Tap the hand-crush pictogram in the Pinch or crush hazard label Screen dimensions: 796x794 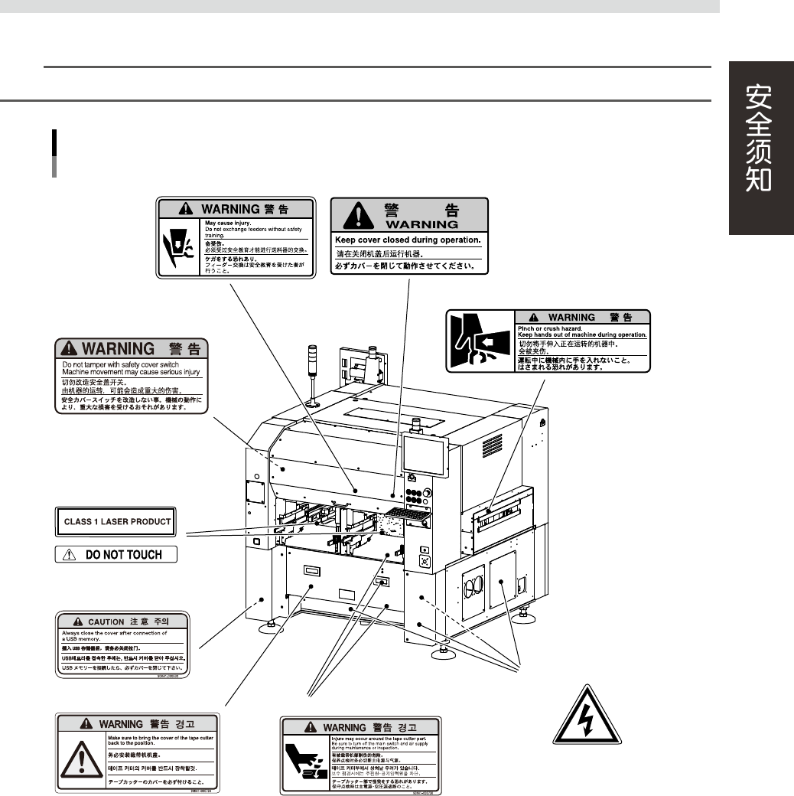pos(479,341)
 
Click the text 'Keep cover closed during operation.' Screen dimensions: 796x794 pos(408,240)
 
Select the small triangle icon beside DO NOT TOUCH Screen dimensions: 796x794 pos(70,554)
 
